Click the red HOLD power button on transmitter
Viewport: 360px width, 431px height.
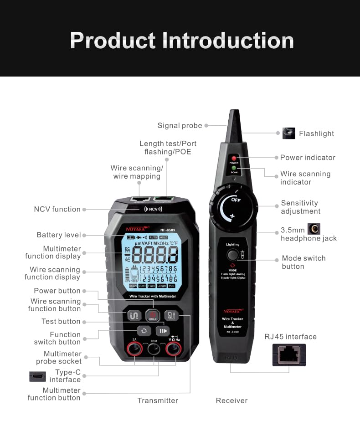tap(152, 315)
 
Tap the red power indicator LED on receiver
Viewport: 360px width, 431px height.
tap(234, 159)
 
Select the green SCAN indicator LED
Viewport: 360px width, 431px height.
tap(234, 169)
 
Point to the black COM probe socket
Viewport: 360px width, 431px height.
tap(153, 350)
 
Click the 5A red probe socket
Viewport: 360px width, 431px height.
tap(134, 350)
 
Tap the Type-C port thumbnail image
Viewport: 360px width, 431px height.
tap(37, 376)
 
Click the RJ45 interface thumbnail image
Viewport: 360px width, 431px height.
tap(289, 355)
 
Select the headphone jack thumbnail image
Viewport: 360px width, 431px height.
tap(314, 229)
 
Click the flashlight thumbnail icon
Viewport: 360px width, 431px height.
tap(289, 133)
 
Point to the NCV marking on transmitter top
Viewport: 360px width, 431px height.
tap(153, 209)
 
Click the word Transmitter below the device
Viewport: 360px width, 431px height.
tap(158, 400)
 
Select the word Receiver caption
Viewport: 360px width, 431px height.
tap(231, 400)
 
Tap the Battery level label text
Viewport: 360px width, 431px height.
tap(59, 235)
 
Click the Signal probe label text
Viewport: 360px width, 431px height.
tap(180, 126)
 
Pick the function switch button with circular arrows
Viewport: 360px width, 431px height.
tap(144, 331)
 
